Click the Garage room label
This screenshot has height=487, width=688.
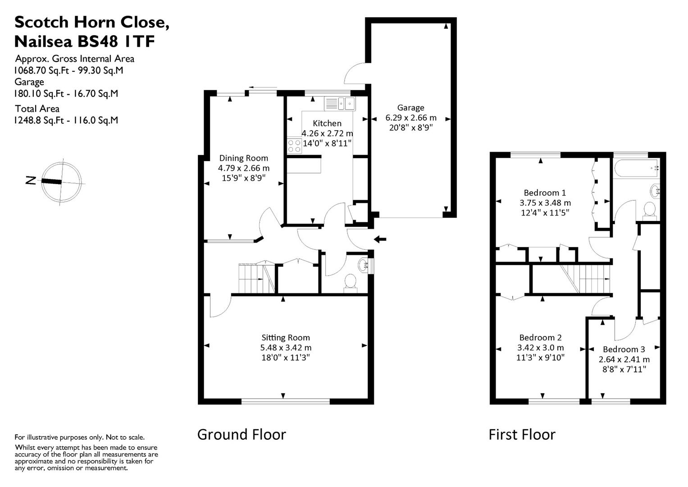coord(410,108)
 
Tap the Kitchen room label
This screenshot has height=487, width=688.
coord(327,123)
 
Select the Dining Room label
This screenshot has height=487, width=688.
coord(244,158)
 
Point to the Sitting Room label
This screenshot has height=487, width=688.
coord(286,338)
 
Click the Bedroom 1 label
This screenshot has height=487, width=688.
coord(545,193)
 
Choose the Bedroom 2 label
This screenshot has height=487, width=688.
coord(540,338)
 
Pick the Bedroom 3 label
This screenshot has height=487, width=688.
coord(624,349)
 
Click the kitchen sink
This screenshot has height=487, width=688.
coord(340,104)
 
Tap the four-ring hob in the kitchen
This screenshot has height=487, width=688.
coord(295,146)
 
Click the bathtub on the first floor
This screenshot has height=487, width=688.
coord(636,169)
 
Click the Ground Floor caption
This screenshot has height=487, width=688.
coord(241,434)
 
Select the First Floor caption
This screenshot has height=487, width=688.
coord(522,434)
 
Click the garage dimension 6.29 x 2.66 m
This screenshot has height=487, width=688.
coord(410,118)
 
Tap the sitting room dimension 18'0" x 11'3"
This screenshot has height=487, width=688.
coord(286,358)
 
